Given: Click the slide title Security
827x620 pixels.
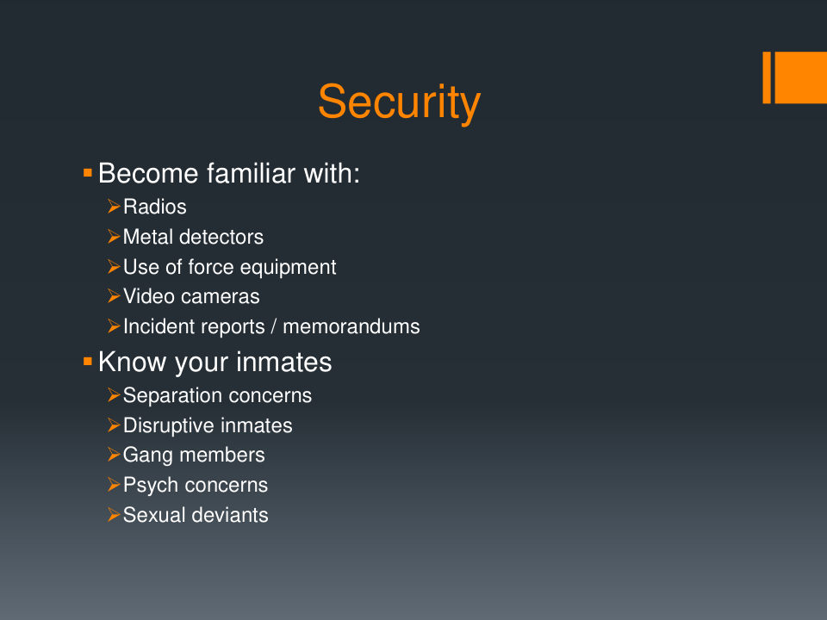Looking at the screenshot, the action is (399, 102).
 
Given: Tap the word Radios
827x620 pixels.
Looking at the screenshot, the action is (154, 208).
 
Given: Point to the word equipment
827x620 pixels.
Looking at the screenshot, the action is (285, 268).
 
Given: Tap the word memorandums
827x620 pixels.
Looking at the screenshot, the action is (351, 327).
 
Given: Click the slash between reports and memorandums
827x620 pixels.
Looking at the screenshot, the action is (274, 327).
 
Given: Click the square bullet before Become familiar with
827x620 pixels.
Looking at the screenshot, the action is (88, 172).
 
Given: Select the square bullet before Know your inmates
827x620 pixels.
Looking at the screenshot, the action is (88, 361).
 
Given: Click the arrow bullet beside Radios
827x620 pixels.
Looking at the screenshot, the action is (114, 206).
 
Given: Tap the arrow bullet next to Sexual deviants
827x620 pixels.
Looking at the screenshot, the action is (114, 514).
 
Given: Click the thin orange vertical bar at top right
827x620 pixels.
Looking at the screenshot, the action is (767, 77).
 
